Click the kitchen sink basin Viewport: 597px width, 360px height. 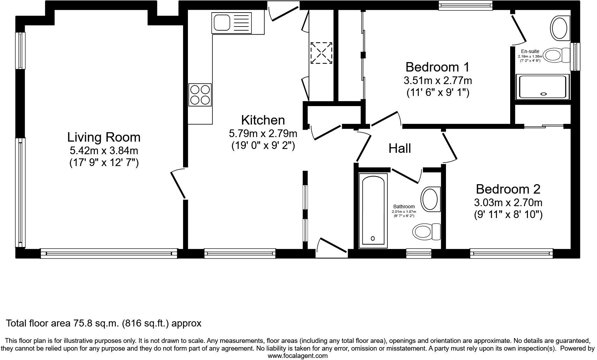[x=221, y=23]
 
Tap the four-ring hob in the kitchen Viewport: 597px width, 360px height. [x=200, y=95]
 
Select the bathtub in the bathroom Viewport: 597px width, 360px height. [x=373, y=210]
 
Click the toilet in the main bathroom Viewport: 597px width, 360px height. [x=426, y=231]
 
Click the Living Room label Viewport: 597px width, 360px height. [x=104, y=137]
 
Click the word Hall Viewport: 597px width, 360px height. [x=400, y=148]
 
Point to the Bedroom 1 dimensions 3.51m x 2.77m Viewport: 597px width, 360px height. [x=438, y=81]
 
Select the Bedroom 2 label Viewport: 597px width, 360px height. [x=508, y=189]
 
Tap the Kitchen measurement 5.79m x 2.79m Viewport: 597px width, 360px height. [x=263, y=133]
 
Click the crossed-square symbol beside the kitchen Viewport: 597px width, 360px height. [x=321, y=53]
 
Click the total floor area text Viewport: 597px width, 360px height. [x=104, y=323]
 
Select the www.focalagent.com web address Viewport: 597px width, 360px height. [x=297, y=356]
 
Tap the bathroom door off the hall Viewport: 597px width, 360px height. [x=406, y=175]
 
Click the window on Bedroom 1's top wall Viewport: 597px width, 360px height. [x=465, y=5]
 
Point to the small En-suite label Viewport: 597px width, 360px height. [x=530, y=51]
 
